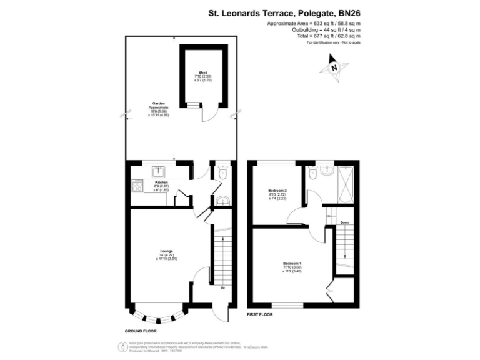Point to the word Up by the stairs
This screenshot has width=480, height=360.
pyautogui.click(x=222, y=289)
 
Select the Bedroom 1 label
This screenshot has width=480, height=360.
pyautogui.click(x=292, y=267)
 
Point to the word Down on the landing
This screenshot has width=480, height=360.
pyautogui.click(x=344, y=222)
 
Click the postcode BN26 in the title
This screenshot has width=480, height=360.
pyautogui.click(x=347, y=11)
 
